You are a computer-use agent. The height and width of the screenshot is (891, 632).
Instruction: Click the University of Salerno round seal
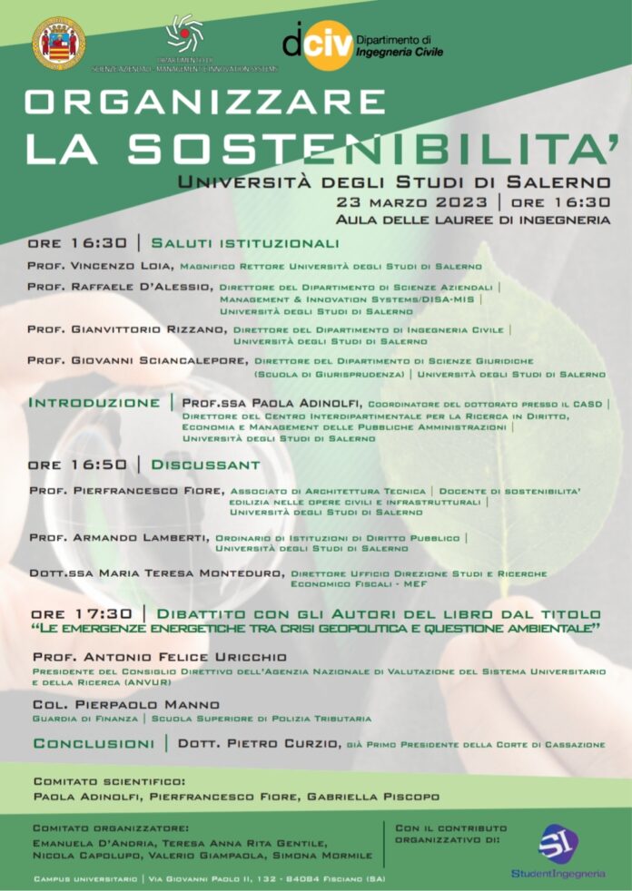[x=59, y=43]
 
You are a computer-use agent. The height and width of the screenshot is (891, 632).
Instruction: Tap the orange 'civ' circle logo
[x=326, y=44]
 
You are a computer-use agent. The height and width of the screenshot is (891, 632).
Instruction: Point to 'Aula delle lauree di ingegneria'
[x=472, y=220]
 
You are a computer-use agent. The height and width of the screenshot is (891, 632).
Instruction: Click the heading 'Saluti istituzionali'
[x=245, y=243]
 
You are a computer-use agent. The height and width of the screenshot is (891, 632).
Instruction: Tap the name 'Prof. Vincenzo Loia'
[x=100, y=267]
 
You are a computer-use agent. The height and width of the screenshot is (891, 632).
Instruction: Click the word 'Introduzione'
[x=94, y=402]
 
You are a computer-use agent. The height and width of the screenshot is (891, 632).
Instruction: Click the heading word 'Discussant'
[x=205, y=465]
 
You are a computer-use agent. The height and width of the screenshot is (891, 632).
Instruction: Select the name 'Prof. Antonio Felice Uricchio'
[x=159, y=656]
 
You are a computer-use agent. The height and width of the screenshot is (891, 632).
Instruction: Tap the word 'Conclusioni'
[x=94, y=744]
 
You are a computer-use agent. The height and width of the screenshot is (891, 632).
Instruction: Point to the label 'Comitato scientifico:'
[x=109, y=780]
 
